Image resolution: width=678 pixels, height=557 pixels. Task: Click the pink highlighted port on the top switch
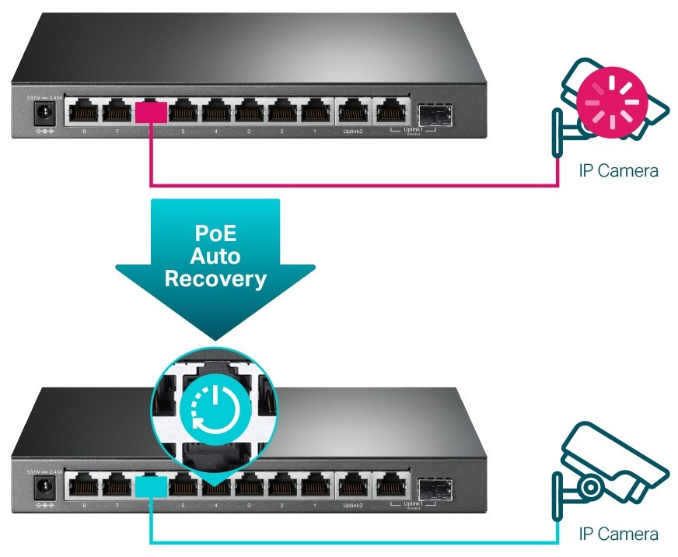click(x=150, y=112)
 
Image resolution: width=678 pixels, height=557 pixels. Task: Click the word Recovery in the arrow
click(x=215, y=278)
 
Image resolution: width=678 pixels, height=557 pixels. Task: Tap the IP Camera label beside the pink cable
click(x=618, y=170)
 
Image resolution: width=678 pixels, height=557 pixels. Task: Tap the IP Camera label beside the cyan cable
click(x=618, y=534)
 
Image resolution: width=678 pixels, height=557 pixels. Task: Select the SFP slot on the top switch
click(x=435, y=113)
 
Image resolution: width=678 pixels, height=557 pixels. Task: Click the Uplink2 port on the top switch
click(x=351, y=112)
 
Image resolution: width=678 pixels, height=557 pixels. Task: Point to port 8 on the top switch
click(x=83, y=112)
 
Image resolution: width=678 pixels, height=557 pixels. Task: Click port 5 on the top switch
click(x=183, y=112)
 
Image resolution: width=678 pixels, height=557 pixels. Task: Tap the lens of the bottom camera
click(x=589, y=486)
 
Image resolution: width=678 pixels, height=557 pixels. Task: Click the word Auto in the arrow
click(x=215, y=256)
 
